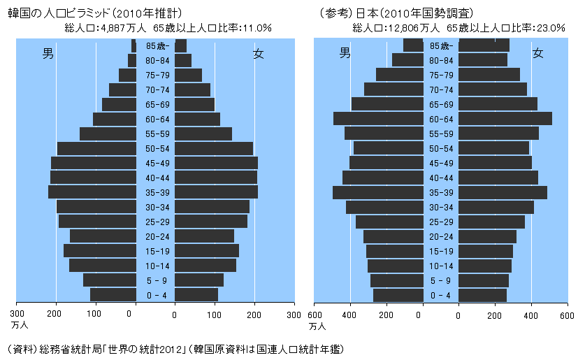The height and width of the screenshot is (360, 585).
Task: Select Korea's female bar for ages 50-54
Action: [214, 148]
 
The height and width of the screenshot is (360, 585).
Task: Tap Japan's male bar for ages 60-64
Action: [378, 119]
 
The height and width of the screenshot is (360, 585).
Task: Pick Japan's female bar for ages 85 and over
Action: [484, 45]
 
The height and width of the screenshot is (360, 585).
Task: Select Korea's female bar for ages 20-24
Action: [204, 236]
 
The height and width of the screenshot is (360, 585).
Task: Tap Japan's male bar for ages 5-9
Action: [396, 280]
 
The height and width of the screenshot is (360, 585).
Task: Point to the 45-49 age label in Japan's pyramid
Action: [441, 163]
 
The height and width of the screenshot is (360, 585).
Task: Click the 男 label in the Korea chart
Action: [48, 53]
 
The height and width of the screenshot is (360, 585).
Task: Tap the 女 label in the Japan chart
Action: [537, 53]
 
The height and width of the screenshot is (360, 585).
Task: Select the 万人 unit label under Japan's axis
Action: [317, 326]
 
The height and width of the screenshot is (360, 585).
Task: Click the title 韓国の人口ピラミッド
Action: [53, 12]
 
